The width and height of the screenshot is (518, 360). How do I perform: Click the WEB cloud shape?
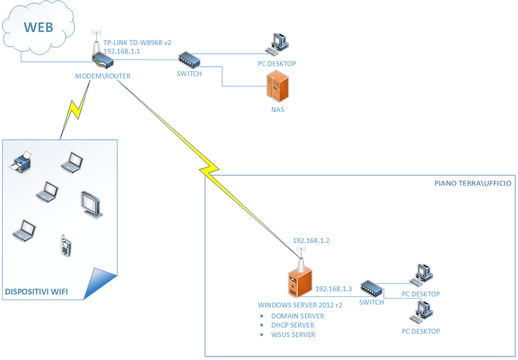[x=38, y=28]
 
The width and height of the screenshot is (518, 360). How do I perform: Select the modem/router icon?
[x=102, y=61]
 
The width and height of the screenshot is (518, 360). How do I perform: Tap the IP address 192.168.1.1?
[x=121, y=52]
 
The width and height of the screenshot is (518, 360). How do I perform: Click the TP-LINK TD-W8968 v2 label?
[x=138, y=43]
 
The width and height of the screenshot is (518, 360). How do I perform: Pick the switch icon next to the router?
[x=189, y=60]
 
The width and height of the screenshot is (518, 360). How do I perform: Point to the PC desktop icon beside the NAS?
[x=278, y=44]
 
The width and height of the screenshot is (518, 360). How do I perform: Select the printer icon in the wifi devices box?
[x=22, y=162]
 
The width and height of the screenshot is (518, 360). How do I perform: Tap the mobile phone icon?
[x=65, y=246]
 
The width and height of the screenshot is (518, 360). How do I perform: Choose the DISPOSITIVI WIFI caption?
[x=36, y=292]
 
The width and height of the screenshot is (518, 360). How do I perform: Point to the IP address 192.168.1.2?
[x=311, y=241]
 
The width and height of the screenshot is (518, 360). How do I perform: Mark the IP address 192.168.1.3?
[x=333, y=289]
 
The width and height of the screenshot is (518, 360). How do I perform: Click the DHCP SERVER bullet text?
[x=292, y=325]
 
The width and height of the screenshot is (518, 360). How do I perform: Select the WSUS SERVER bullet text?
[x=293, y=335]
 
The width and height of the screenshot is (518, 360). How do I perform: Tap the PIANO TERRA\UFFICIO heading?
[x=472, y=183]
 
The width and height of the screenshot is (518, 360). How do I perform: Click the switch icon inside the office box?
[x=372, y=290]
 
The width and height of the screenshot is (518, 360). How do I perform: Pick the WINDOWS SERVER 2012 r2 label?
[x=300, y=305]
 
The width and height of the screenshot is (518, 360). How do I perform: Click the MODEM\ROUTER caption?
[x=103, y=76]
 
